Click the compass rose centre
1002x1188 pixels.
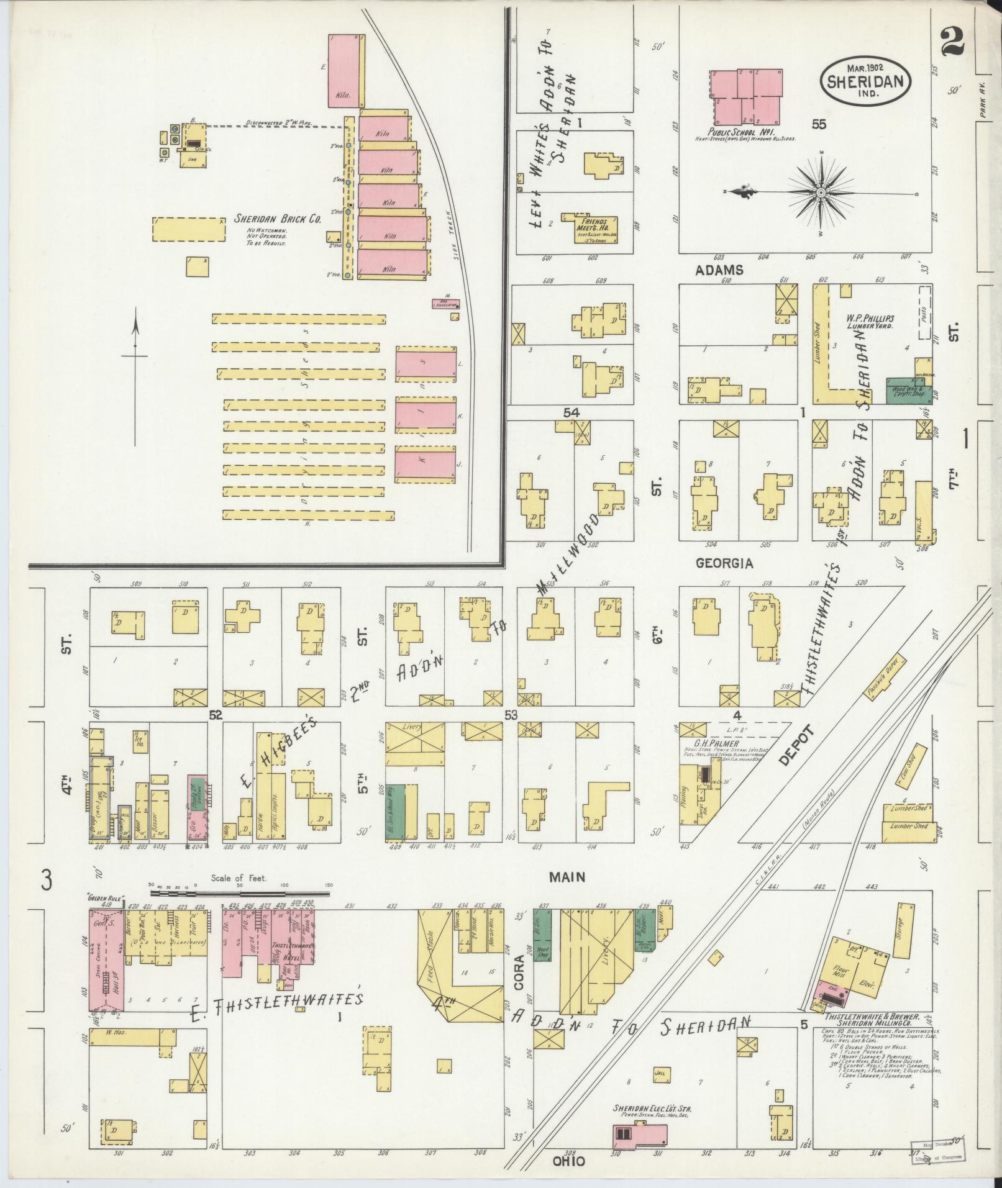[821, 193]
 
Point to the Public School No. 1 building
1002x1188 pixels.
[745, 97]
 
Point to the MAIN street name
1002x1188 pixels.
[567, 877]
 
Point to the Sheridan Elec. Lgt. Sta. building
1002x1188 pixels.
[640, 1133]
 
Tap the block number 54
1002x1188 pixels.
[571, 412]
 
